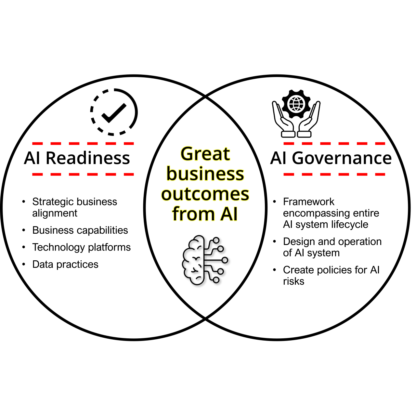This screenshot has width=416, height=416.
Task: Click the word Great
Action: click(x=205, y=154)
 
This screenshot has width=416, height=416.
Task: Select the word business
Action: click(x=205, y=174)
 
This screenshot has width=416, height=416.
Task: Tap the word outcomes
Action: click(x=205, y=194)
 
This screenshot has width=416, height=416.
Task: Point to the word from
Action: click(x=193, y=214)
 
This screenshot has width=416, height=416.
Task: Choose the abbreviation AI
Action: click(x=229, y=214)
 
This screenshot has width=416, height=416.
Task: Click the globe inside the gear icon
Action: click(x=296, y=104)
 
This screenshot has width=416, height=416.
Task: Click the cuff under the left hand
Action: click(x=288, y=134)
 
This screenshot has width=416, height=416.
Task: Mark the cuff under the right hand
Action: click(x=304, y=134)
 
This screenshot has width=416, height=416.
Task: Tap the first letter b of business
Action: click(x=171, y=174)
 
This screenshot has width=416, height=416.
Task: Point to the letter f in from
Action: click(x=176, y=214)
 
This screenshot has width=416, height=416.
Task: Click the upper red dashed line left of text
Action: click(x=83, y=143)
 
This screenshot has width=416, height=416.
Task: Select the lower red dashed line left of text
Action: click(x=83, y=175)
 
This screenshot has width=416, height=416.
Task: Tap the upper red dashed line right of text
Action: click(x=334, y=143)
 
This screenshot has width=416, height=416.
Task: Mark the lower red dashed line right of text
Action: click(x=334, y=175)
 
